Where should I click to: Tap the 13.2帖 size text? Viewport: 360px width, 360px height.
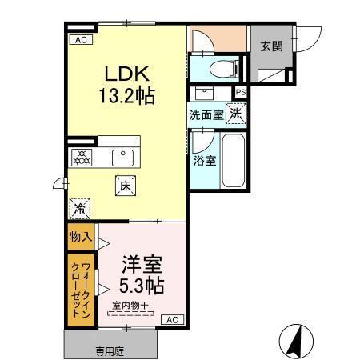126,96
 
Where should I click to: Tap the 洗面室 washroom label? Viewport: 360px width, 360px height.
206,114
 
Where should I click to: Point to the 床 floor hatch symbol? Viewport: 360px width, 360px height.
126,184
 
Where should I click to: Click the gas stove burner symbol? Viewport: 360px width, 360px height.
80,156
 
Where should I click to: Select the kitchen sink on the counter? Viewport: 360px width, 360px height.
123,155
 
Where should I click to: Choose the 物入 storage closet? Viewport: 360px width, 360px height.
79,237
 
